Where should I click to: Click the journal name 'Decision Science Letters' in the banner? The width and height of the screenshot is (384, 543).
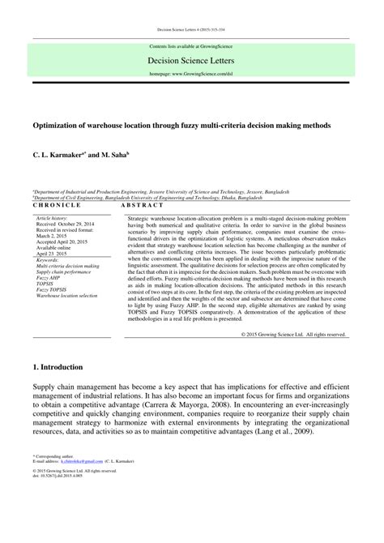coord(191,59)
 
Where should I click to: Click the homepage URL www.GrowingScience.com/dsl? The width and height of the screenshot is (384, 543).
coord(191,73)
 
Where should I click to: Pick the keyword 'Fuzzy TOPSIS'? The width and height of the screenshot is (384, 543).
coord(53,290)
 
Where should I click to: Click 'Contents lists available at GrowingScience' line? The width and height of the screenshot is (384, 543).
coord(191,48)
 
